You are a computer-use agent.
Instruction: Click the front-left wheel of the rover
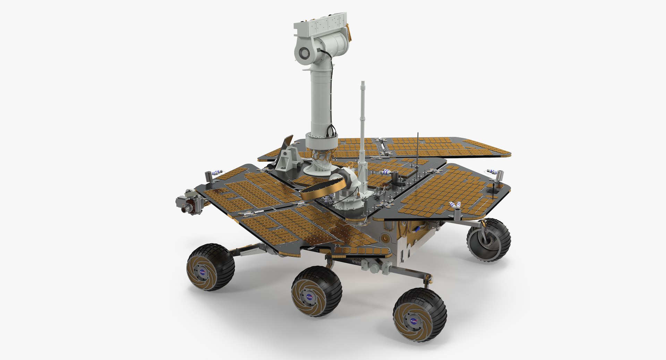point(211,267)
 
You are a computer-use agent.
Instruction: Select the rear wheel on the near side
point(420,315)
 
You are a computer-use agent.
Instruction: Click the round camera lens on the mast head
point(304,53)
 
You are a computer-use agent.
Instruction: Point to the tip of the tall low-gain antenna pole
point(363,83)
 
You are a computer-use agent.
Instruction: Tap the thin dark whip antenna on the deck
point(418,149)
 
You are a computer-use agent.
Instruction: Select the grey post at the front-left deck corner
point(210,178)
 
